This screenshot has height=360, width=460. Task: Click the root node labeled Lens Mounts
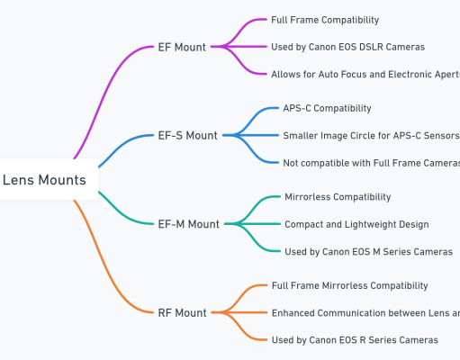coord(45,180)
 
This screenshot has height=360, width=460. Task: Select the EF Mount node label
coord(182,47)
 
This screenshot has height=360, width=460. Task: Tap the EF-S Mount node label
coord(187,136)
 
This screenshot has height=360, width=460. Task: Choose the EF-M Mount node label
coord(188,224)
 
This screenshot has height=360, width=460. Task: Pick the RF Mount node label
coord(183,313)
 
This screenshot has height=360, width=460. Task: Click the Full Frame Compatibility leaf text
coord(325,20)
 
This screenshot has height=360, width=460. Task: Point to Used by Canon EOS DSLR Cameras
coord(347,47)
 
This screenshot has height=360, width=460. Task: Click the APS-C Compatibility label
coord(327,108)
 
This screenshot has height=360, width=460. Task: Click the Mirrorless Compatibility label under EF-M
coord(338,197)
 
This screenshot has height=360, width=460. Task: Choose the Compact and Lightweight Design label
coord(356,224)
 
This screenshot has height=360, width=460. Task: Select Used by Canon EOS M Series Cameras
coord(368,252)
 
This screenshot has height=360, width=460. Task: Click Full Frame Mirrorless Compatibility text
coord(349,285)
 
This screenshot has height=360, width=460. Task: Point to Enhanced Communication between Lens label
coord(365,313)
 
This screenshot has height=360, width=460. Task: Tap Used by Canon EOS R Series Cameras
coord(355,340)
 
